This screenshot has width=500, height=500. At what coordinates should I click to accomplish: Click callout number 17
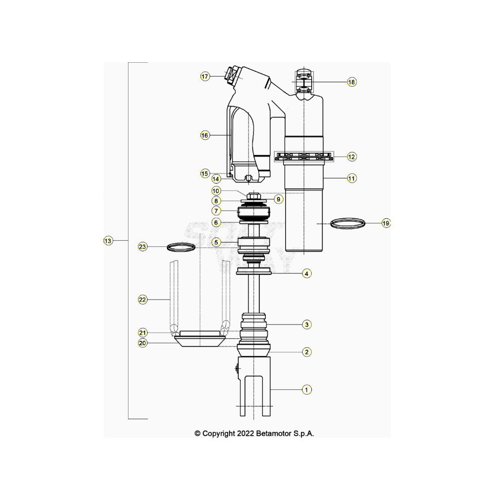click(205, 77)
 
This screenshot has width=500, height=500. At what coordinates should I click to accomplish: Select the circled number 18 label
click(352, 82)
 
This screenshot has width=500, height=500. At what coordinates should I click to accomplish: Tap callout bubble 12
click(352, 157)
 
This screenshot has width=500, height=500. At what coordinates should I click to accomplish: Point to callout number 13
click(108, 240)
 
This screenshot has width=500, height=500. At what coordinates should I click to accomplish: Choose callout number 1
click(306, 389)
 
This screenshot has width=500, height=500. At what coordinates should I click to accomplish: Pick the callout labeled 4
click(306, 273)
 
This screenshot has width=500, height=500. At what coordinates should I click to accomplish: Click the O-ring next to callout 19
click(348, 222)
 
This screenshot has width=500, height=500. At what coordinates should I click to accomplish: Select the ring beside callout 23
click(182, 247)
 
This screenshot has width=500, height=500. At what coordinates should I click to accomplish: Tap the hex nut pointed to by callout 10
click(254, 196)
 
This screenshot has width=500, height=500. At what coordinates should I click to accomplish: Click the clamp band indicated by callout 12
click(304, 157)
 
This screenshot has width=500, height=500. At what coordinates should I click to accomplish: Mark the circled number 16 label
click(205, 135)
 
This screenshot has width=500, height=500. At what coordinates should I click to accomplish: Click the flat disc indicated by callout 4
click(254, 271)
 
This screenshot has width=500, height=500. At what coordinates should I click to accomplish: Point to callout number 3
click(306, 324)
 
